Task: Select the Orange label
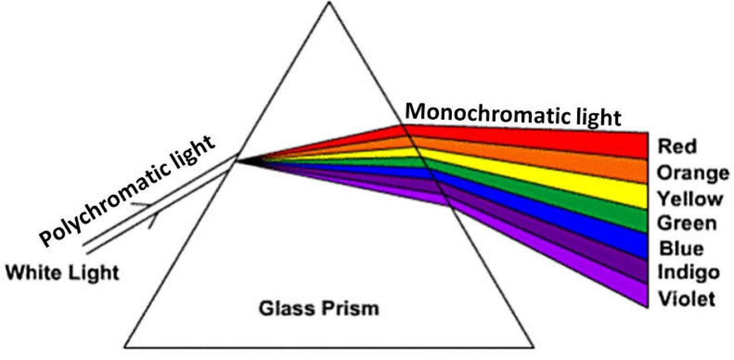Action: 693,172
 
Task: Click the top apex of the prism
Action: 329,2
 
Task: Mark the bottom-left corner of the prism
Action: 125,346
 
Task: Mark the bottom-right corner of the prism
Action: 533,346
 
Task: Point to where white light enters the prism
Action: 237,160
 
